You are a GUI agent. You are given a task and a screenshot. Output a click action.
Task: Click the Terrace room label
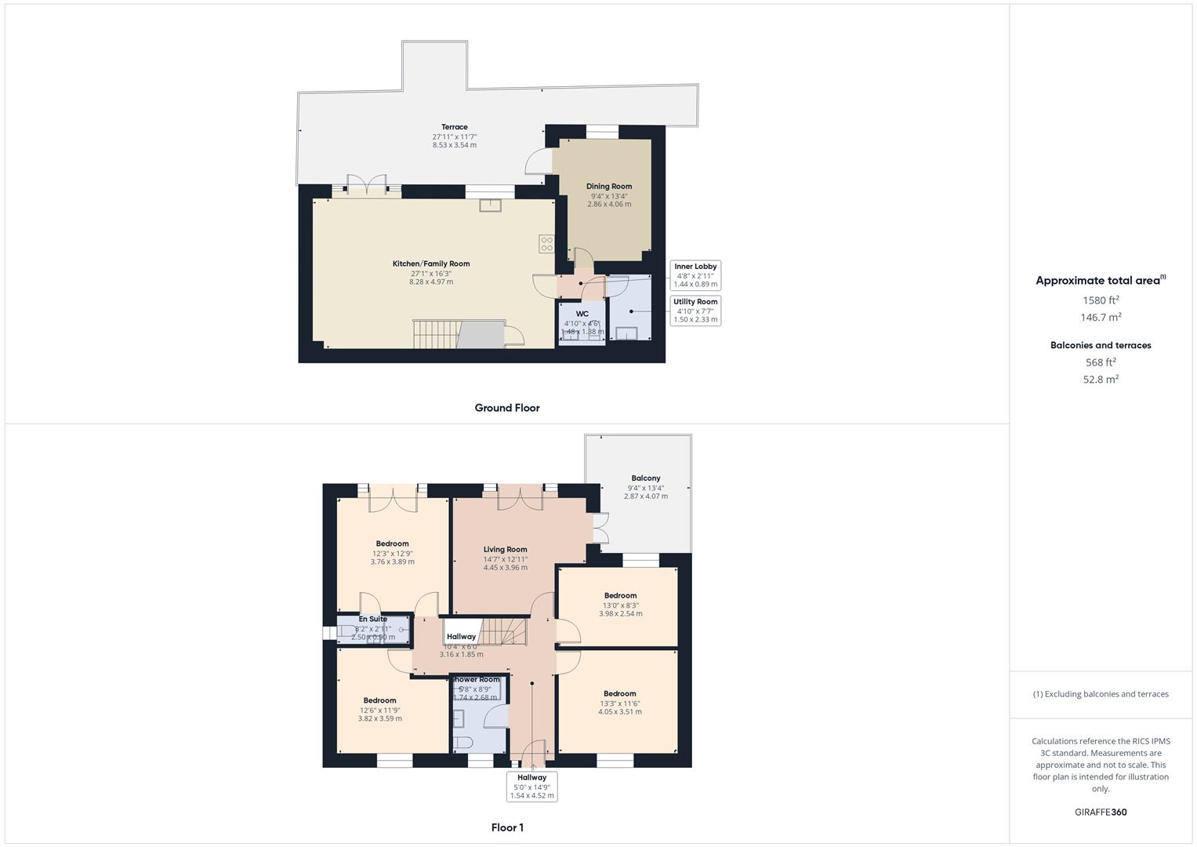pyautogui.click(x=454, y=127)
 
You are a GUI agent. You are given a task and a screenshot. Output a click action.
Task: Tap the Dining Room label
pyautogui.click(x=609, y=187)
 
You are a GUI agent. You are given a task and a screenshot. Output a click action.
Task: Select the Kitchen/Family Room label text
pyautogui.click(x=431, y=264)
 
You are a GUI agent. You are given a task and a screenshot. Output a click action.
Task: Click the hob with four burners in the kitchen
pyautogui.click(x=546, y=244)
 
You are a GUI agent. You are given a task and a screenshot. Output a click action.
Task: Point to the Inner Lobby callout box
pyautogui.click(x=695, y=275)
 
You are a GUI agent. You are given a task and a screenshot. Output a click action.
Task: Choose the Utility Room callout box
pyautogui.click(x=695, y=311)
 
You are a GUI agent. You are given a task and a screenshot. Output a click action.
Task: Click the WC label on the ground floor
pyautogui.click(x=582, y=314)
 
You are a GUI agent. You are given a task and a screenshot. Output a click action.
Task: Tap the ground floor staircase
pyautogui.click(x=436, y=334)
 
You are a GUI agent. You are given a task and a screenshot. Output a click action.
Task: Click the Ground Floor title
pyautogui.click(x=507, y=408)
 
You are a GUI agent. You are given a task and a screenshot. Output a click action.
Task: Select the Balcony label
pyautogui.click(x=646, y=478)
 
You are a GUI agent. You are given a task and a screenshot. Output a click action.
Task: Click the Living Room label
pyautogui.click(x=505, y=550)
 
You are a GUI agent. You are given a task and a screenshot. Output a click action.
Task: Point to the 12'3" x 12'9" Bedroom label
pyautogui.click(x=392, y=544)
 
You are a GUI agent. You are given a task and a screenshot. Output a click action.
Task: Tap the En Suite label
pyautogui.click(x=373, y=620)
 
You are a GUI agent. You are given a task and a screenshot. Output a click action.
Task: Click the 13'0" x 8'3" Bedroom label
pyautogui.click(x=620, y=596)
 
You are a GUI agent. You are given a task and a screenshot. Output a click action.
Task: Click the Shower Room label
pyautogui.click(x=476, y=679)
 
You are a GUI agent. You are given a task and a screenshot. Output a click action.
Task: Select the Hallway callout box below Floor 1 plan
pyautogui.click(x=531, y=787)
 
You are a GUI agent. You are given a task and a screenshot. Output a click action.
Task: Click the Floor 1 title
pyautogui.click(x=507, y=827)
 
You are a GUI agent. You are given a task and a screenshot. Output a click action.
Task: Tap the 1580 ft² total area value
pyautogui.click(x=1101, y=300)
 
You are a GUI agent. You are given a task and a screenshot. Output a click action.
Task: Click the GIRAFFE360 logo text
pyautogui.click(x=1101, y=812)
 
